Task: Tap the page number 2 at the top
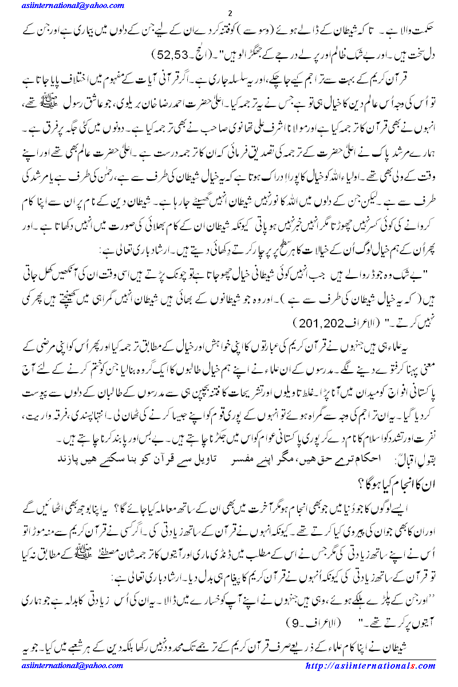[230, 14]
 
